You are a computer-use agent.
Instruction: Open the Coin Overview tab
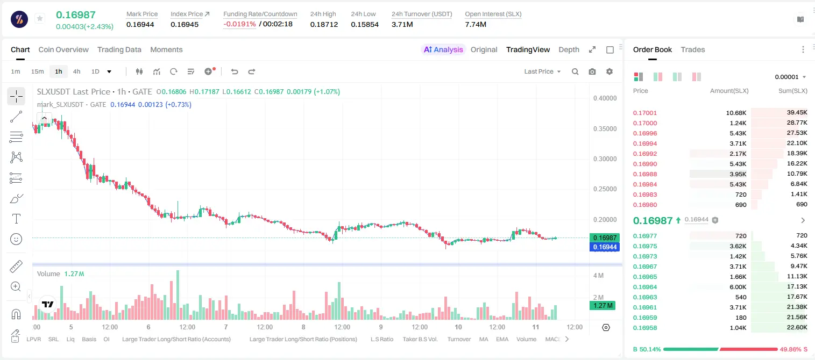(x=63, y=49)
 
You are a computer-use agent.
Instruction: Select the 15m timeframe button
(x=37, y=71)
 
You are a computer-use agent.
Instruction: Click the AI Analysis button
(x=443, y=49)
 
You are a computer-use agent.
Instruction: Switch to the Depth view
(x=569, y=49)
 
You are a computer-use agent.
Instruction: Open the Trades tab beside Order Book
(x=693, y=49)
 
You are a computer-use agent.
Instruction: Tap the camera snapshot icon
(x=592, y=71)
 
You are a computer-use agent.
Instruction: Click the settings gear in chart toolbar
(x=610, y=71)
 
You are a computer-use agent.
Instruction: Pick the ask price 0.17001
(x=644, y=113)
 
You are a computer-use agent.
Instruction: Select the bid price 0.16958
(x=644, y=328)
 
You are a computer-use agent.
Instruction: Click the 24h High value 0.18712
(x=324, y=24)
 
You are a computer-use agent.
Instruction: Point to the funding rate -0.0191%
(x=239, y=24)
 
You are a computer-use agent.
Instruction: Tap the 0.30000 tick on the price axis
(x=605, y=159)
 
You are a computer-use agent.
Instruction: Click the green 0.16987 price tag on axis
(x=605, y=237)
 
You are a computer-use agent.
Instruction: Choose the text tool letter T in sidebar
(x=16, y=219)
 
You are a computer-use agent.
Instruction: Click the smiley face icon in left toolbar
(x=16, y=239)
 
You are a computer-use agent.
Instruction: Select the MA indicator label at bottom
(x=484, y=339)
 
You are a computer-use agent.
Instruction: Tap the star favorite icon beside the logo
(x=40, y=18)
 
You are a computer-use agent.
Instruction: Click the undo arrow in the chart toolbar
(x=235, y=71)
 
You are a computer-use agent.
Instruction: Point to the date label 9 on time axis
(x=380, y=327)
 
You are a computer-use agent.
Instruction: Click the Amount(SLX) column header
(x=729, y=91)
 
